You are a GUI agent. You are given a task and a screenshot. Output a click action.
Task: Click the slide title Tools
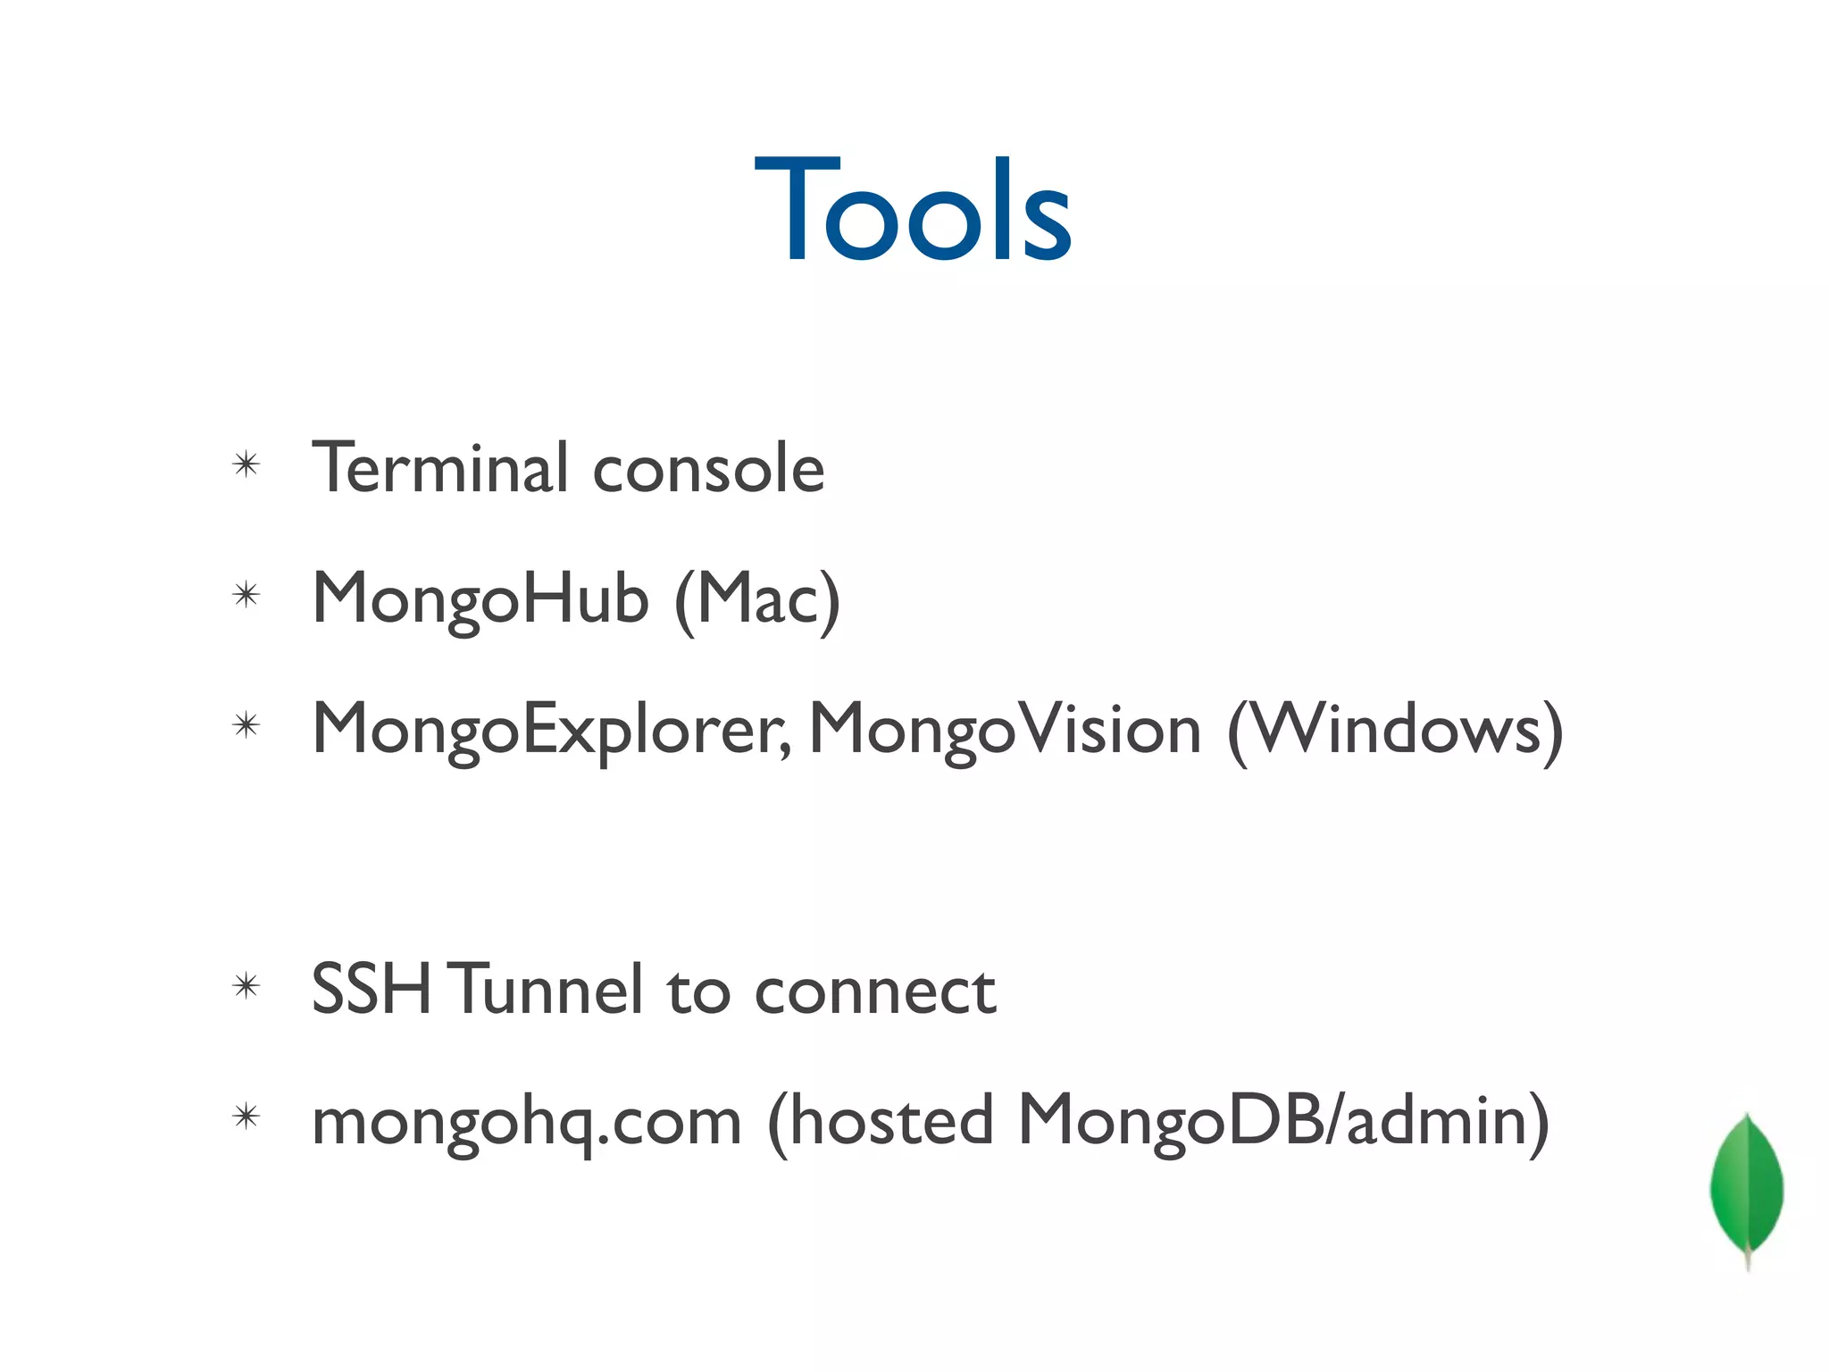[912, 210]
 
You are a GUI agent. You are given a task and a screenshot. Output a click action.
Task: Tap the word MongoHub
[480, 599]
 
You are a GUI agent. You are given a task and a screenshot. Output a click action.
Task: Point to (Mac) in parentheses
[757, 600]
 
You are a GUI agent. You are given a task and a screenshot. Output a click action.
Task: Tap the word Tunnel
[548, 990]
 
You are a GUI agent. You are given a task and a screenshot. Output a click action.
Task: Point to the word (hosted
[880, 1121]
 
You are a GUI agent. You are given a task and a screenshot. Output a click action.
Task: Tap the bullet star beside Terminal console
[246, 464]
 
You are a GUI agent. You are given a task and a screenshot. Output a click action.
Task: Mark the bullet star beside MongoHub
[246, 595]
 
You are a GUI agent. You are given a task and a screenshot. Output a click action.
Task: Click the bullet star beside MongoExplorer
[246, 725]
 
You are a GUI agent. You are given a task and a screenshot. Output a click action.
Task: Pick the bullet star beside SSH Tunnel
[246, 986]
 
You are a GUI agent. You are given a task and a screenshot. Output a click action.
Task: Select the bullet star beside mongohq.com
[246, 1117]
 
